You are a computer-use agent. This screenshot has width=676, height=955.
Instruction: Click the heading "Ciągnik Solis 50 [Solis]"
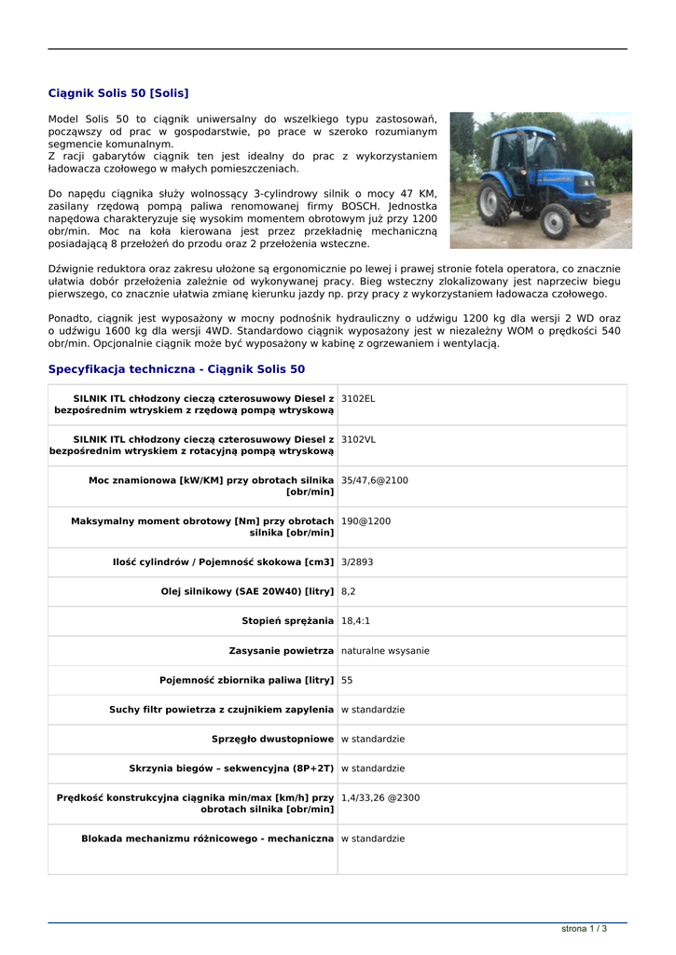pos(118,93)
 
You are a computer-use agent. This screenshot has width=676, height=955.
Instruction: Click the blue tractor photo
pos(540,180)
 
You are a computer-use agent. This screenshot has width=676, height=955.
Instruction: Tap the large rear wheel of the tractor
pos(555,220)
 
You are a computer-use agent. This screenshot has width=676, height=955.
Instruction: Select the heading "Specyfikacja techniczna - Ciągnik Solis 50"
pos(176,369)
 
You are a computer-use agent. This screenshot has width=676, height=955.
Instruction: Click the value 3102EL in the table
pos(358,398)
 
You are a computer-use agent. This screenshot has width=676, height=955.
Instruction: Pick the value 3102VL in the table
pos(358,439)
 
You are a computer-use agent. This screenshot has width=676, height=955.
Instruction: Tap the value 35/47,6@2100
pos(374,480)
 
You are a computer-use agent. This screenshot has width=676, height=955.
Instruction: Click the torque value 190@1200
pos(366,521)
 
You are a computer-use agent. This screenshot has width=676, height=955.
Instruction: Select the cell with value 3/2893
pos(357,562)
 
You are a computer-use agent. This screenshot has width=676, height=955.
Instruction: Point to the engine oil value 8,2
pos(348,591)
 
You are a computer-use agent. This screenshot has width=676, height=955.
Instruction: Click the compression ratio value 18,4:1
pos(355,621)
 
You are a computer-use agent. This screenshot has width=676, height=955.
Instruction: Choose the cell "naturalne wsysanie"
pos(385,651)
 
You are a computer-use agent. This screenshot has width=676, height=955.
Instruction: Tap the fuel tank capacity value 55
pos(347,681)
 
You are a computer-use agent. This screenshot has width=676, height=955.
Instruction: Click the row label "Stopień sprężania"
pos(287,621)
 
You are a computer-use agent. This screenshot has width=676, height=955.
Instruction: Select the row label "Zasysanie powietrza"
pos(281,651)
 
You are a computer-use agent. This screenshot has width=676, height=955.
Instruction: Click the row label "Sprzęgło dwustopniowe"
pos(272,740)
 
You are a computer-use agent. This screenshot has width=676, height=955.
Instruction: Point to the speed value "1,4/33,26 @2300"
pos(380,798)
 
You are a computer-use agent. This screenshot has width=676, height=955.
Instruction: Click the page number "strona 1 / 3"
pos(584,929)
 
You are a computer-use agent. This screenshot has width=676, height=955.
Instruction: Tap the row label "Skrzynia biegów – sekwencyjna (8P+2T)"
pos(231,769)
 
